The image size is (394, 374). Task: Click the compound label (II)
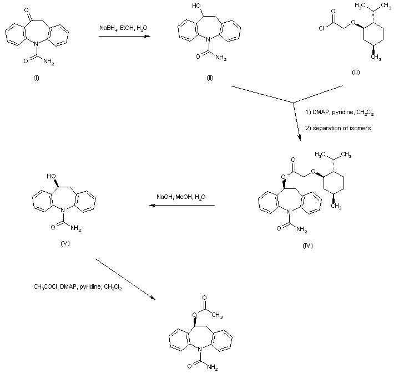click(210, 76)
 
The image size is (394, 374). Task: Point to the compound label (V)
click(66, 243)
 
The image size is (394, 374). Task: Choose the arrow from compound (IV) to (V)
click(181, 206)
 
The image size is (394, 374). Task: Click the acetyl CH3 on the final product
click(216, 316)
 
